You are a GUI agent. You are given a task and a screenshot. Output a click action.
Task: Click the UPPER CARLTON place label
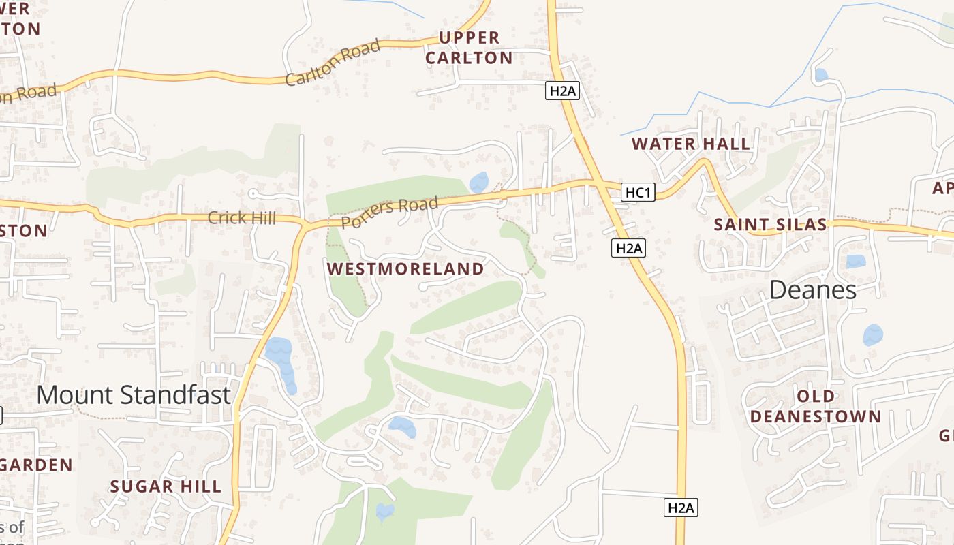click(469, 48)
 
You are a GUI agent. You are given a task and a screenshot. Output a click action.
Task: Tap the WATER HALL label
click(690, 144)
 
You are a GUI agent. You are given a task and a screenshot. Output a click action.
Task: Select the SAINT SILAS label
click(770, 224)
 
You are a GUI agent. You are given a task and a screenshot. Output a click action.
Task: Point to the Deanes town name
click(812, 290)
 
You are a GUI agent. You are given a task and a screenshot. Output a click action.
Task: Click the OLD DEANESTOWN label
click(816, 406)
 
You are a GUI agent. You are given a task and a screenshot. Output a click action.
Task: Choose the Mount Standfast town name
click(134, 394)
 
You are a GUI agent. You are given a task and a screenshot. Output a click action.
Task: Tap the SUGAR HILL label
click(166, 486)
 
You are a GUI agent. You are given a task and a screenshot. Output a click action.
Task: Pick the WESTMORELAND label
click(405, 269)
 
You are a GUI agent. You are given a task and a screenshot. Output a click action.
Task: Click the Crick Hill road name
click(242, 218)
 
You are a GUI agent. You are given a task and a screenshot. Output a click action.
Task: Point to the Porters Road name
click(388, 213)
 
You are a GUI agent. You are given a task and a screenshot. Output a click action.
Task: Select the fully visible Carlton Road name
click(332, 63)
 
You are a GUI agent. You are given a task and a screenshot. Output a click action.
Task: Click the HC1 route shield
click(638, 193)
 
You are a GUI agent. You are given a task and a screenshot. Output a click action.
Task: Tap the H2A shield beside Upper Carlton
click(562, 91)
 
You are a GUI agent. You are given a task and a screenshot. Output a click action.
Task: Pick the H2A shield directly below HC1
click(628, 248)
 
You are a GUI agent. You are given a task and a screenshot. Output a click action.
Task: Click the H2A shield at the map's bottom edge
click(681, 508)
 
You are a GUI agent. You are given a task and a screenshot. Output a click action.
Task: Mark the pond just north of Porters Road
click(479, 183)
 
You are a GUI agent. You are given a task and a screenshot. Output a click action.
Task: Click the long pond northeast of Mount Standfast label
click(282, 363)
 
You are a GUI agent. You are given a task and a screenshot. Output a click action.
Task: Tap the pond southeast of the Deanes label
click(873, 335)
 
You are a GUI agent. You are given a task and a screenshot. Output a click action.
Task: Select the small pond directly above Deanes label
click(855, 261)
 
